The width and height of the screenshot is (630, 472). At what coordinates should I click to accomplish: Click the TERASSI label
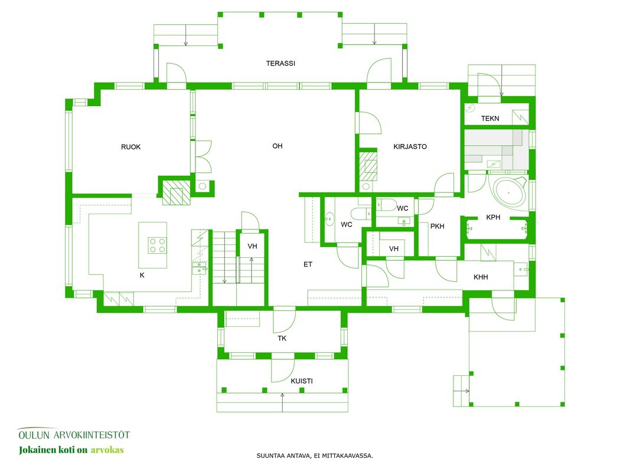click(280, 63)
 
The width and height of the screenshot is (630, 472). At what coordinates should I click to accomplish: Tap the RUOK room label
click(131, 147)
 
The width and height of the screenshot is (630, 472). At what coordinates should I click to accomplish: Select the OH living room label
click(278, 146)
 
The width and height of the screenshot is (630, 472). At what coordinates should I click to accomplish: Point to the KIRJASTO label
click(410, 146)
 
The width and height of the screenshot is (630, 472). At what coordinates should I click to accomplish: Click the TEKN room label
click(490, 119)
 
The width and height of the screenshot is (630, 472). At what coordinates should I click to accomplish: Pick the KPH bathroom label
click(493, 217)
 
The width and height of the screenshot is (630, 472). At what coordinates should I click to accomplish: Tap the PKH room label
click(437, 227)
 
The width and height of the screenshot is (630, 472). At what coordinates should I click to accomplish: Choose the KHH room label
click(481, 277)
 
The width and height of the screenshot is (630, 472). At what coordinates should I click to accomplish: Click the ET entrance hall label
click(308, 264)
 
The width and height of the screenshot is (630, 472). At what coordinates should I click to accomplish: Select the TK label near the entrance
click(282, 338)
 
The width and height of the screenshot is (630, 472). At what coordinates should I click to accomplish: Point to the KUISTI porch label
click(302, 381)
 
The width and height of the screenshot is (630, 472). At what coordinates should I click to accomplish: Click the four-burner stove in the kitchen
click(157, 245)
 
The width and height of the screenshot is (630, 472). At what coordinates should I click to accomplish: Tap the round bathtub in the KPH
click(509, 192)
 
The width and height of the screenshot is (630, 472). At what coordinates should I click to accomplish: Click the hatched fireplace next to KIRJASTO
click(368, 165)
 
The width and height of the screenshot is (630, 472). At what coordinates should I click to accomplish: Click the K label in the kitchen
click(142, 276)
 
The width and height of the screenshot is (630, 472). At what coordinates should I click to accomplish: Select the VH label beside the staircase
click(252, 246)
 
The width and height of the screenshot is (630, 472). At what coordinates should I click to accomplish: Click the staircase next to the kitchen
click(224, 257)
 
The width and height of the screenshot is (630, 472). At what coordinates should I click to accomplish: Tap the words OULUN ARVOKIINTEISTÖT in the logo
click(74, 435)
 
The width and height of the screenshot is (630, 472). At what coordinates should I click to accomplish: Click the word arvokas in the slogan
click(107, 450)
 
